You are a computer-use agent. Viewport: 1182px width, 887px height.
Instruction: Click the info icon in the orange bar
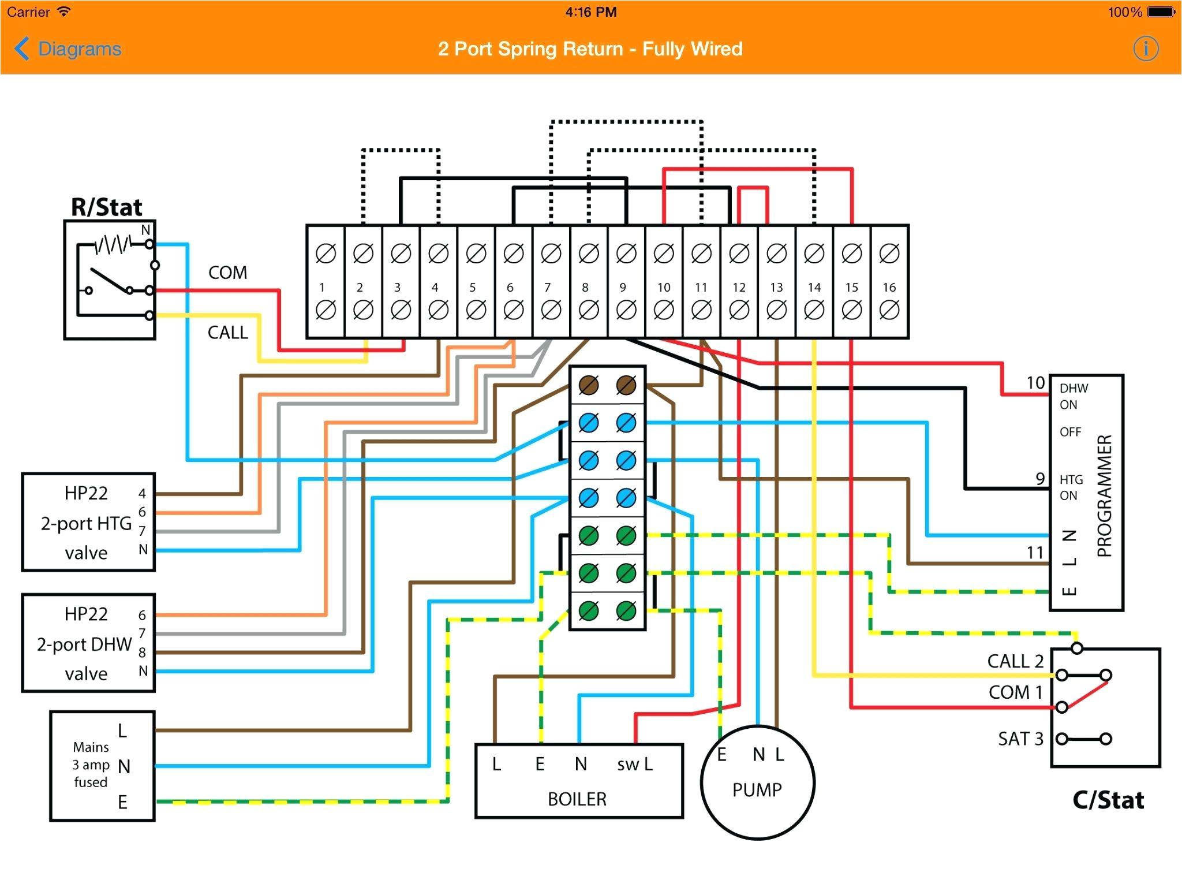[1145, 49]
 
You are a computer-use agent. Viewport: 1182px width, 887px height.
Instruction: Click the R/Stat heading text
[107, 207]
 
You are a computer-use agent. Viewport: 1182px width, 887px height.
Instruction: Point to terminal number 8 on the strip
[585, 287]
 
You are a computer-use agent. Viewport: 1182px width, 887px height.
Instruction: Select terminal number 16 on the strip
[889, 287]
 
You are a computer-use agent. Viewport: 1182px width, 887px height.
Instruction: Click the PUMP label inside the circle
[757, 789]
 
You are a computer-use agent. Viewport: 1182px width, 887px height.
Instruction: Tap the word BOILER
[577, 799]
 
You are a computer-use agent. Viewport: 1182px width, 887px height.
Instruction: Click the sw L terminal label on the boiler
[634, 764]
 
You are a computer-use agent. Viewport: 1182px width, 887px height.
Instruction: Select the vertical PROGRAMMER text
[1104, 495]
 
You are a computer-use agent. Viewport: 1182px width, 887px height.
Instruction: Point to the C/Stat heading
[1108, 800]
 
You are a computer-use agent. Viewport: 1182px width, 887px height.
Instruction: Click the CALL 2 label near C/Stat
[1015, 661]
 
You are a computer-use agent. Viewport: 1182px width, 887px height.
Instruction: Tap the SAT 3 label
[1020, 739]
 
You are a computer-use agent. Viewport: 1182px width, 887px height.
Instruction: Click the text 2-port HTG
[86, 523]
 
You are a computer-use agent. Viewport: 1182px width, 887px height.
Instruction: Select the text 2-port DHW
[84, 644]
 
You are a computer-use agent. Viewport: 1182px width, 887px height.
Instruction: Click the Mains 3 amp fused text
[91, 765]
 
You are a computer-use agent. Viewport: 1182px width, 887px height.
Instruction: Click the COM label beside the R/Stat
[227, 273]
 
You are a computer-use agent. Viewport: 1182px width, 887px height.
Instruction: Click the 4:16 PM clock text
[590, 12]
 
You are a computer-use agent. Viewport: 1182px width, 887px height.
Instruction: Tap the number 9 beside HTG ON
[1039, 478]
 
